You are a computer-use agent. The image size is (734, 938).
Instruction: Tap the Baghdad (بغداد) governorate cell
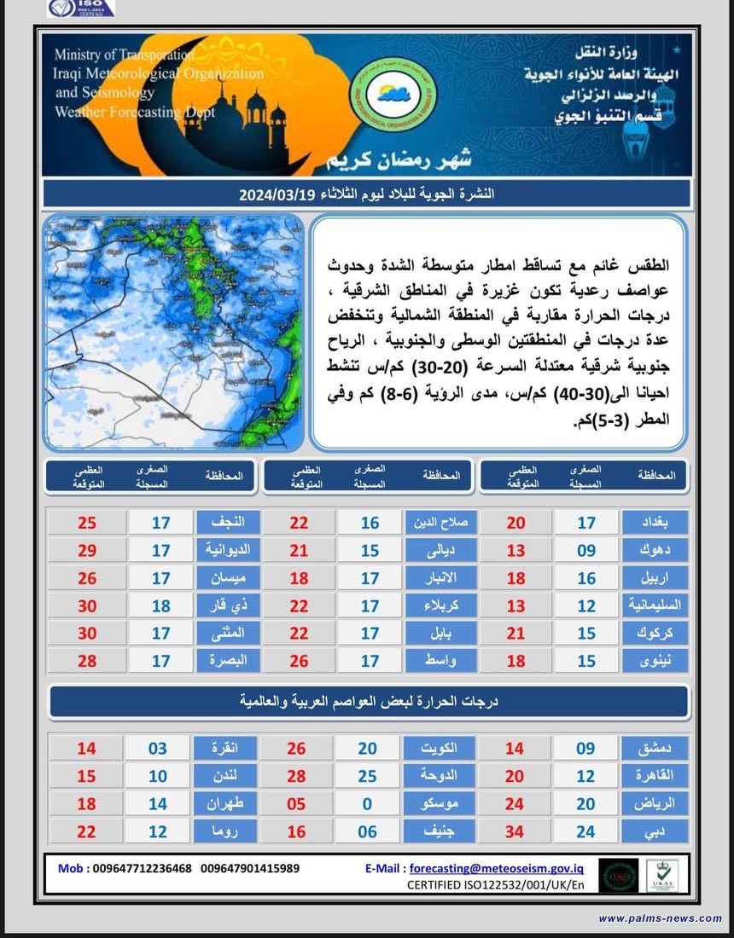pos(655,523)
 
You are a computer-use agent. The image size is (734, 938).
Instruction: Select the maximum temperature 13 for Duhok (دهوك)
pos(516,551)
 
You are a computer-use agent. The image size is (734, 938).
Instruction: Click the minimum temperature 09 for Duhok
pos(585,551)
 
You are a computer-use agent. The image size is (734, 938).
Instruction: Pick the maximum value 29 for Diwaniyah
pos(87,551)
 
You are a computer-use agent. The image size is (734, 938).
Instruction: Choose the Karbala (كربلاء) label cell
pos(438,606)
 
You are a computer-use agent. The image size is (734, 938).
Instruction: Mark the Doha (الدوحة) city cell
pos(438,777)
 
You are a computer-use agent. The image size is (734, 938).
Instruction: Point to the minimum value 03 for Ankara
pos(160,749)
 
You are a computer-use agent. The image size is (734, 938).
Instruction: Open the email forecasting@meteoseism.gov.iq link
pos(497,868)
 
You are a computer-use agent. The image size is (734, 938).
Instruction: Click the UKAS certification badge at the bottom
pos(661,876)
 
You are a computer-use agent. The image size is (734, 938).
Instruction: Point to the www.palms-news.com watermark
pos(660,918)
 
